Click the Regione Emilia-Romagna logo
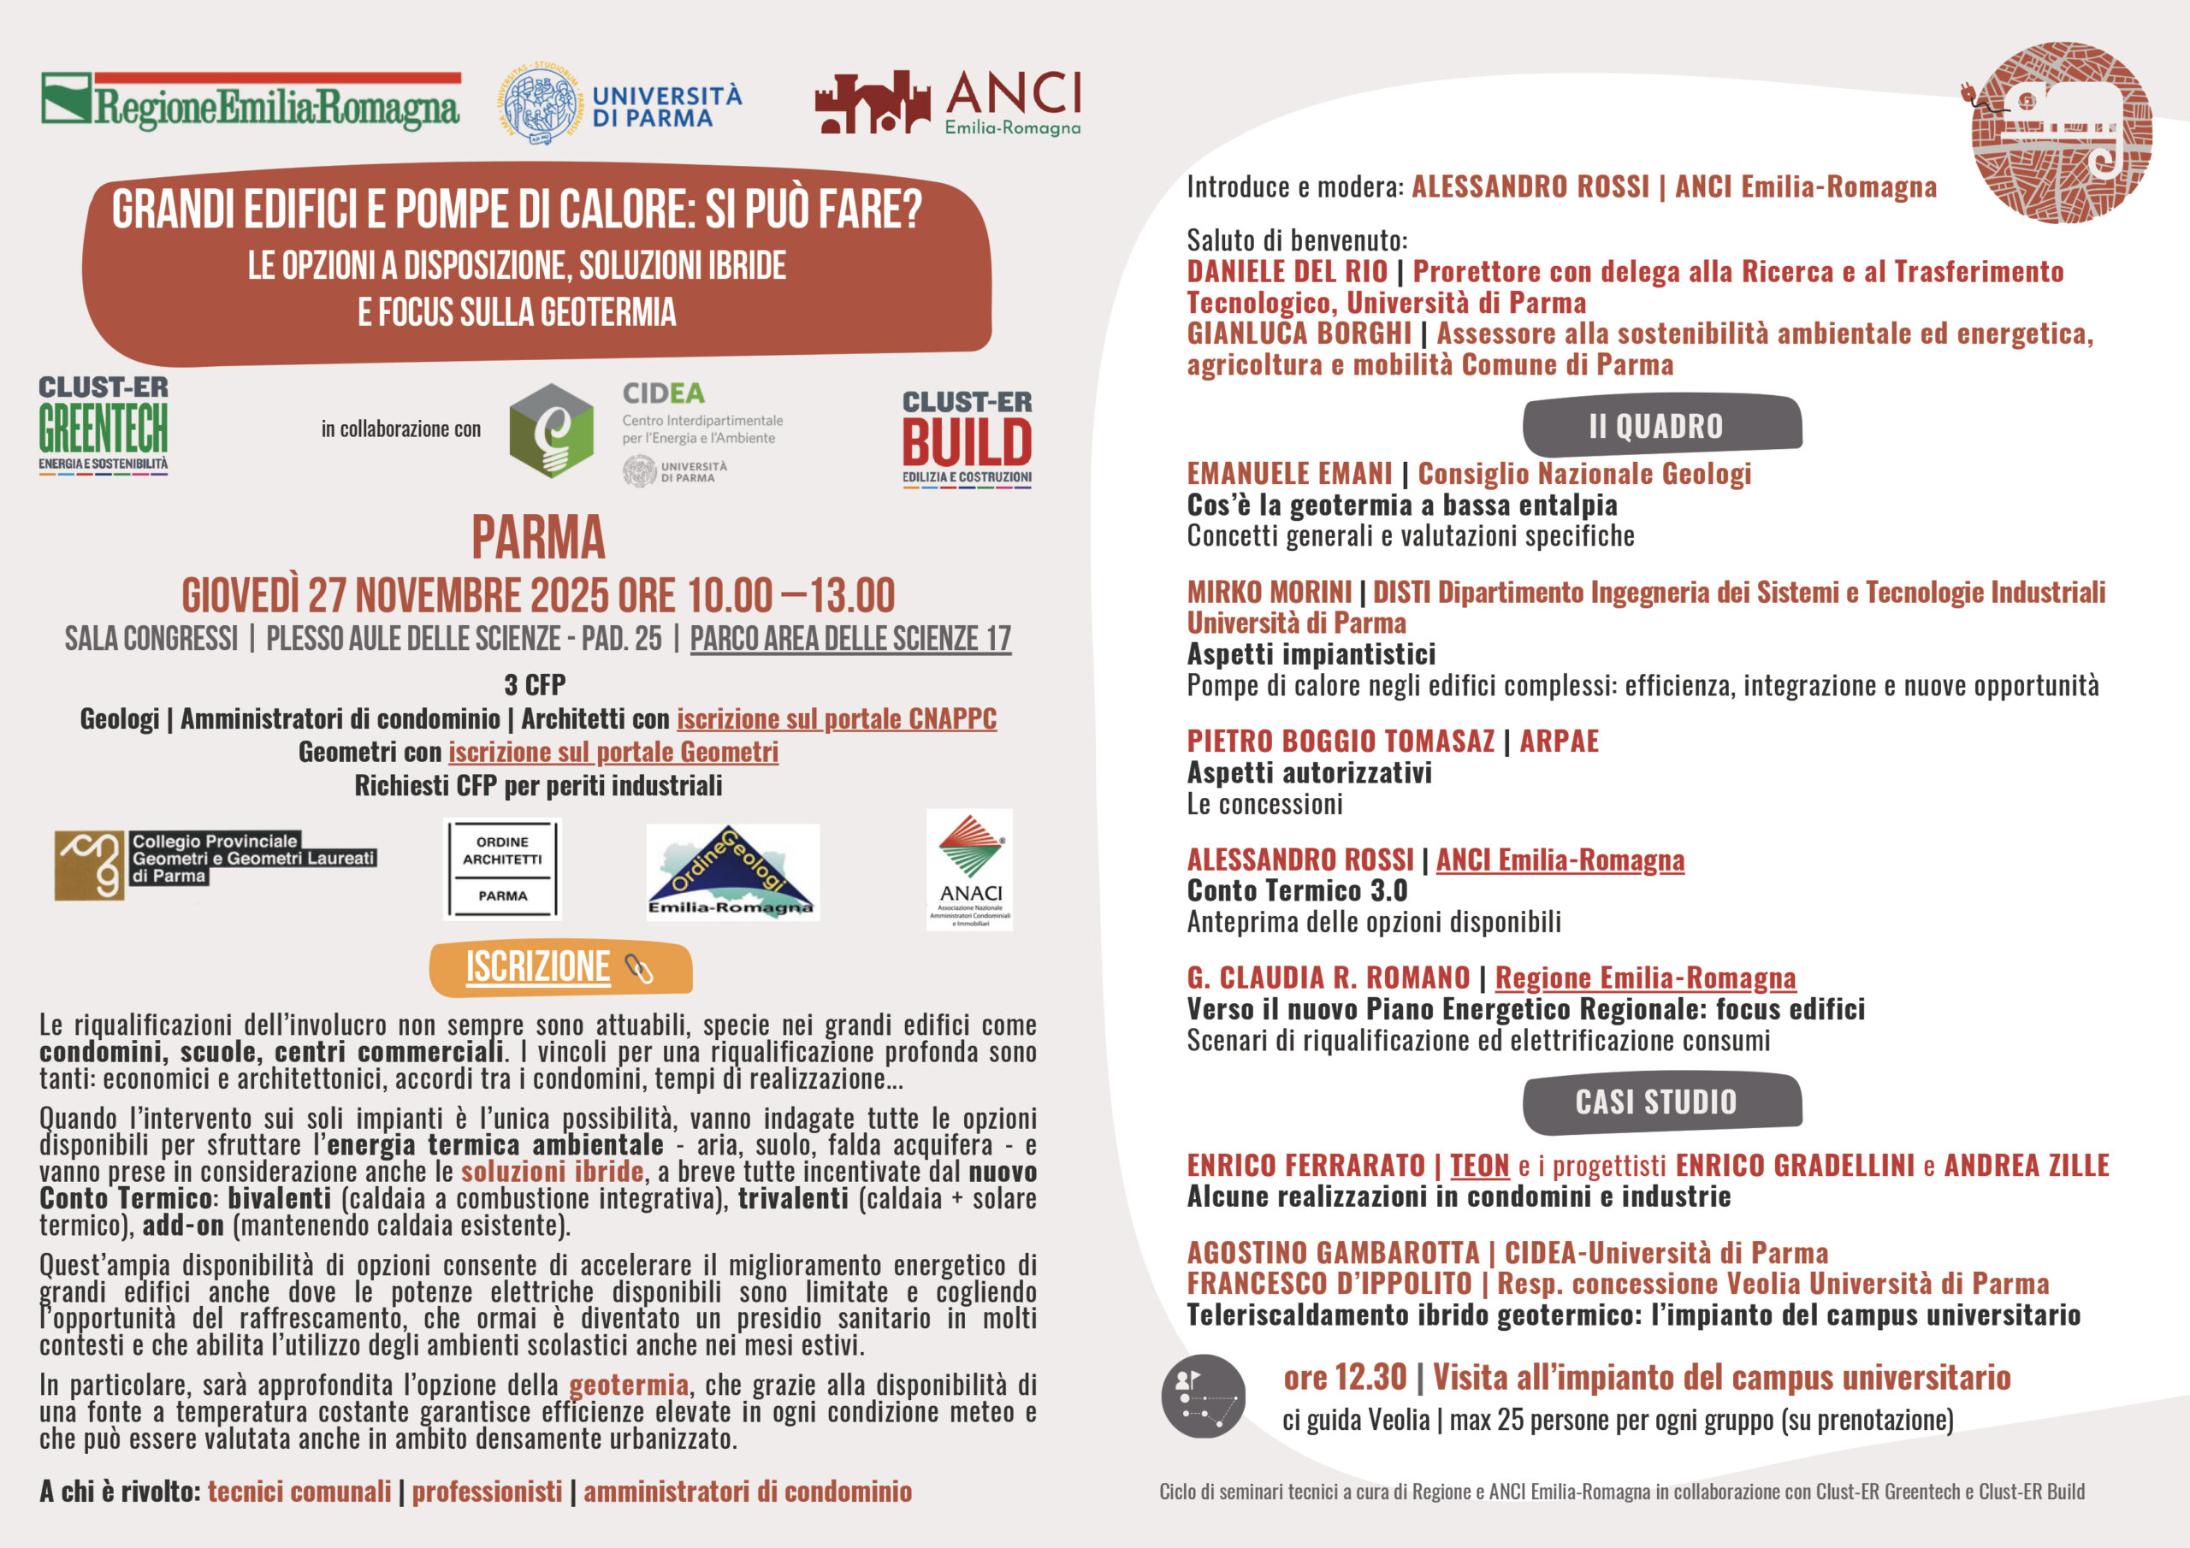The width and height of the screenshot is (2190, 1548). click(x=251, y=102)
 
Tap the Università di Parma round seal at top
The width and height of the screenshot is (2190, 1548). click(x=540, y=105)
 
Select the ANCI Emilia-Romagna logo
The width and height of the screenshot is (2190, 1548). click(x=948, y=102)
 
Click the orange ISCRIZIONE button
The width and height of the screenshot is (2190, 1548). click(x=561, y=967)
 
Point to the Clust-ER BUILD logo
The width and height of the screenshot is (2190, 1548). click(x=968, y=440)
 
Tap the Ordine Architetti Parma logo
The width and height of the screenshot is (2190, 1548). click(x=503, y=869)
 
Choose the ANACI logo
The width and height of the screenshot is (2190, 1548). click(x=969, y=869)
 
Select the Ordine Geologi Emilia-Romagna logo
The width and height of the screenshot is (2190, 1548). click(x=732, y=871)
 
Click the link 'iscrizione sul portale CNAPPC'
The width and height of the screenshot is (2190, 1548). click(x=837, y=718)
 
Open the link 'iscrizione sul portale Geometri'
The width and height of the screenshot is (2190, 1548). click(x=613, y=752)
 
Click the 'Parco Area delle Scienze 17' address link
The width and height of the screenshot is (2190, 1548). click(x=849, y=638)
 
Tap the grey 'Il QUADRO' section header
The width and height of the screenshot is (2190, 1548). click(x=1661, y=425)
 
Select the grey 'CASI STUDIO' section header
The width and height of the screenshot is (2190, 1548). click(x=1661, y=1102)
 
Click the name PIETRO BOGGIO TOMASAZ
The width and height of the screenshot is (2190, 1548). click(x=1341, y=742)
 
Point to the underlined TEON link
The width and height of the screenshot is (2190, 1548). click(x=1479, y=1165)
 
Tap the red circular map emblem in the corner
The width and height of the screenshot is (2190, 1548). click(x=2060, y=133)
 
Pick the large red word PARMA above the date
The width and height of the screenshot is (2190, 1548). click(x=538, y=537)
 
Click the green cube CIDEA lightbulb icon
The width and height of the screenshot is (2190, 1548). click(x=551, y=430)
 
